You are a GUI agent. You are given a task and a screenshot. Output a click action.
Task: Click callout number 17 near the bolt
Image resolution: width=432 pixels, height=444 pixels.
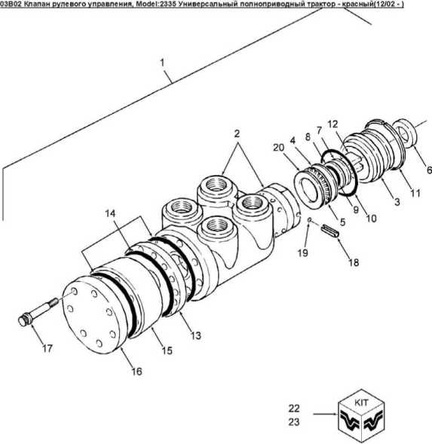(x=47, y=348)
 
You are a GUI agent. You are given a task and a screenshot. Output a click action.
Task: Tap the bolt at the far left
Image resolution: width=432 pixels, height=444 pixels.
(x=38, y=311)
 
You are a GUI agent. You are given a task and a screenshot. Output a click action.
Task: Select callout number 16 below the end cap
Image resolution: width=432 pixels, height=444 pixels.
(x=136, y=371)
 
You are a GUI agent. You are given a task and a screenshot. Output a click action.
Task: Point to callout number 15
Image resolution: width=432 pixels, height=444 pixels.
(x=167, y=351)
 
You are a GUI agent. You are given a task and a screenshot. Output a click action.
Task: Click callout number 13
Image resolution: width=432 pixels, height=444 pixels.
(x=195, y=335)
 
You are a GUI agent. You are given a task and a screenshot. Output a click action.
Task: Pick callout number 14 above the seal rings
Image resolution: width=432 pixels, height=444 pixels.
(x=111, y=213)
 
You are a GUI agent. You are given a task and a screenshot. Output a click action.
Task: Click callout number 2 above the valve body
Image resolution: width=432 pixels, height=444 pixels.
(x=237, y=133)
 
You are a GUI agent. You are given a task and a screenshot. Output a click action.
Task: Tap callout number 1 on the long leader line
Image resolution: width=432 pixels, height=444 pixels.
(x=162, y=63)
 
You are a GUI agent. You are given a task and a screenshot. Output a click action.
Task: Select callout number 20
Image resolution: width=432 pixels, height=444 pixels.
(x=279, y=148)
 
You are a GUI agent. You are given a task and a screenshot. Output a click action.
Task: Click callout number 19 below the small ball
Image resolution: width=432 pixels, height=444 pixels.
(x=302, y=253)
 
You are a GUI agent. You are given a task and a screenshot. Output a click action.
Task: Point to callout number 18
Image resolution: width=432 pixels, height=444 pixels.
(x=354, y=262)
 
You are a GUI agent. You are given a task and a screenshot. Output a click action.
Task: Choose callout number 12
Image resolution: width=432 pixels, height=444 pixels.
(x=332, y=124)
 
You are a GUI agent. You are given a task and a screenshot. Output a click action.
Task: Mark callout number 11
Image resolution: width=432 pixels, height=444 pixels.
(x=415, y=193)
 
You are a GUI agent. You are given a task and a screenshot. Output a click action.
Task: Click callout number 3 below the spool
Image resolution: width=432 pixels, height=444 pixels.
(x=397, y=201)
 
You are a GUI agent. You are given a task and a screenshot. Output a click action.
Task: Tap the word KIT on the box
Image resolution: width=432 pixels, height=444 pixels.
(x=361, y=403)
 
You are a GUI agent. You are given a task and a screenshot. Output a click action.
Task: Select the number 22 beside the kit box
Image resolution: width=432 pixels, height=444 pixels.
(x=294, y=409)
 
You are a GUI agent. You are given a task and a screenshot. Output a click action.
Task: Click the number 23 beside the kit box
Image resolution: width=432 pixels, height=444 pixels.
(x=294, y=422)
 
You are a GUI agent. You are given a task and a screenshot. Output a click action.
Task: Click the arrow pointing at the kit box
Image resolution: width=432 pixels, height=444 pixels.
(x=326, y=414)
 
